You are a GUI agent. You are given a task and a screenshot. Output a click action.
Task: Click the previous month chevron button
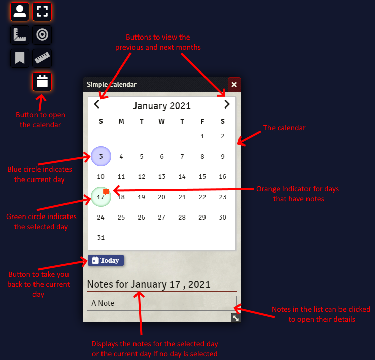[x=97, y=105]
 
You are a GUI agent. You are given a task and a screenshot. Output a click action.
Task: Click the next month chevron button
[x=227, y=105]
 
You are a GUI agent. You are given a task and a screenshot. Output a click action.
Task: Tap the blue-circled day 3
[x=101, y=157]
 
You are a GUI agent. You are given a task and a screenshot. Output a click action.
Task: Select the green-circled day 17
[x=100, y=197]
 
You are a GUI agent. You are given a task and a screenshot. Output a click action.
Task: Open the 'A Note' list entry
[x=161, y=303]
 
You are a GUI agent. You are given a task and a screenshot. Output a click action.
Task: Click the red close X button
[x=234, y=84]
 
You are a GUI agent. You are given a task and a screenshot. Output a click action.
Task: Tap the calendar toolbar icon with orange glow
[x=42, y=82]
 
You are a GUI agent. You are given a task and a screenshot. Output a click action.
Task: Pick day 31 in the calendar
[x=100, y=238]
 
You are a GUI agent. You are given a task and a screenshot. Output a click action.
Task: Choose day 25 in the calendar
[x=121, y=218]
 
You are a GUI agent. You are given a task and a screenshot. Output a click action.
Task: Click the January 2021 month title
[x=162, y=105]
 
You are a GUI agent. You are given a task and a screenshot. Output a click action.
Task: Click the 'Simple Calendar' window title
[x=111, y=84]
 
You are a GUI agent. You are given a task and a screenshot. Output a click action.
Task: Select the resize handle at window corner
[x=236, y=318]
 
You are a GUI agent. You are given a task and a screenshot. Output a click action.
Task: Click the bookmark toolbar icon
[x=20, y=58]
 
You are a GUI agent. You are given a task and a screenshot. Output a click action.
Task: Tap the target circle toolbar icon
[x=42, y=35]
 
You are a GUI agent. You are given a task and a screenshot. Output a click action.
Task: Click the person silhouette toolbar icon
[x=20, y=11]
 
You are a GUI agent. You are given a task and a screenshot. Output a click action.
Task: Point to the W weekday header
[x=161, y=121]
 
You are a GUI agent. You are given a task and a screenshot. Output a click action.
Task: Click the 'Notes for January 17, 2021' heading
[x=149, y=284]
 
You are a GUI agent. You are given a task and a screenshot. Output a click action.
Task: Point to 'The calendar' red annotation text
[x=284, y=128]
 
